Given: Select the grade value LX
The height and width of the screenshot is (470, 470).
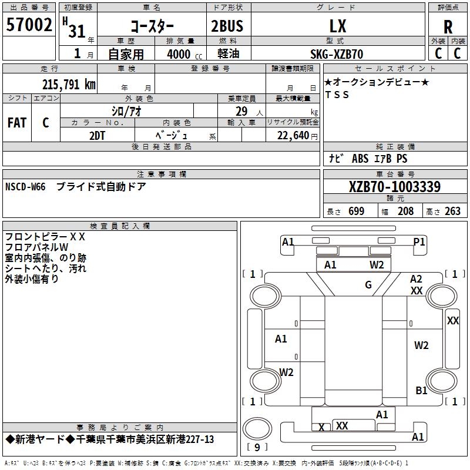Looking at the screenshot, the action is pos(338,26).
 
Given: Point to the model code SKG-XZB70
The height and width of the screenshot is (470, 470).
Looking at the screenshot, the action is pos(337,54).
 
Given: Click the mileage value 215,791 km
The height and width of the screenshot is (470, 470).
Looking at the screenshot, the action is pos(69,85).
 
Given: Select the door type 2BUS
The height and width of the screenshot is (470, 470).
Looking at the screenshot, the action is pos(227,26).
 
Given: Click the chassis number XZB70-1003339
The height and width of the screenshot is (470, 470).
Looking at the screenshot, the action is pos(394,187).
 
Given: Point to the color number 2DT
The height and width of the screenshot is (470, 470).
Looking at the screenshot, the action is pos(97,135).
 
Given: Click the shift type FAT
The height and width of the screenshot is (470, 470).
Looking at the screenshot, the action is pos(16,123).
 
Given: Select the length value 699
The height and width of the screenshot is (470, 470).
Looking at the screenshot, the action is pos(356,211).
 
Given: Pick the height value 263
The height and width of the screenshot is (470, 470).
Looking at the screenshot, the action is pos(452,211).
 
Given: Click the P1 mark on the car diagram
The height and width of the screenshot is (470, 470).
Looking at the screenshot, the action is pos(419,241).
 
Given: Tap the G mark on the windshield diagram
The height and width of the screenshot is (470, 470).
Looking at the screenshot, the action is pos(368,285).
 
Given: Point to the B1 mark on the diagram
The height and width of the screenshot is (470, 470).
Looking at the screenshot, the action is pos(421,391).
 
